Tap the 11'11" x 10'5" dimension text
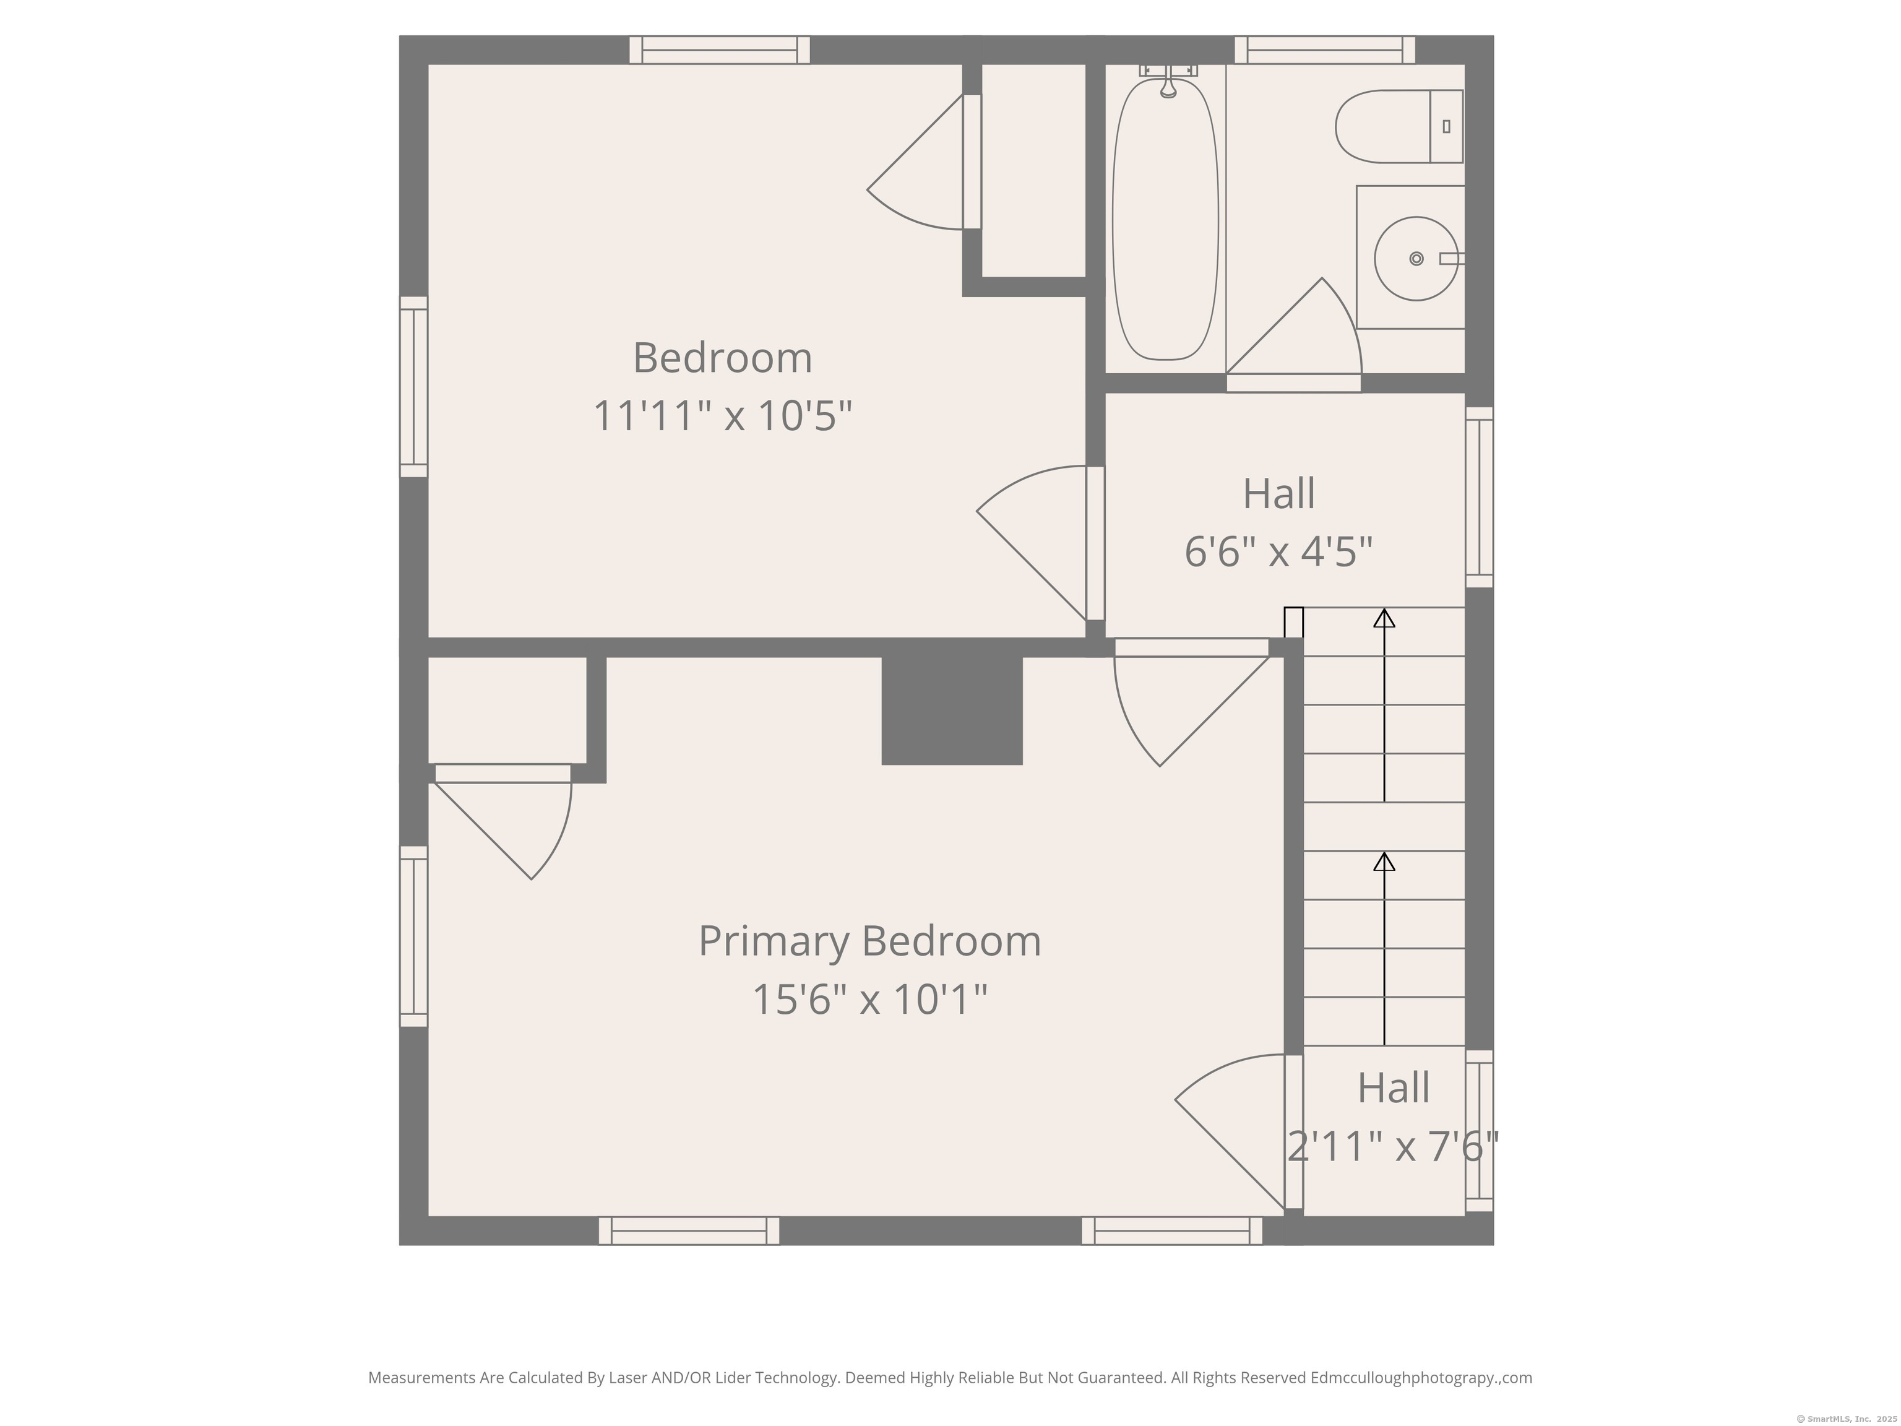(x=722, y=416)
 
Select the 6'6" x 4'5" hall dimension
(x=1278, y=551)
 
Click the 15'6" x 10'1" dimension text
(x=869, y=999)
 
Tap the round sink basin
(x=1415, y=259)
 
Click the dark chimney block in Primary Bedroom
(x=951, y=710)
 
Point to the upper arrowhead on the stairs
(x=1384, y=618)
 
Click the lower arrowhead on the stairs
(x=1384, y=862)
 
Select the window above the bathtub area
(x=1324, y=50)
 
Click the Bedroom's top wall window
(x=718, y=50)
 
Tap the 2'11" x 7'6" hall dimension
(x=1392, y=1146)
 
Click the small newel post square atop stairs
(x=1293, y=622)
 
